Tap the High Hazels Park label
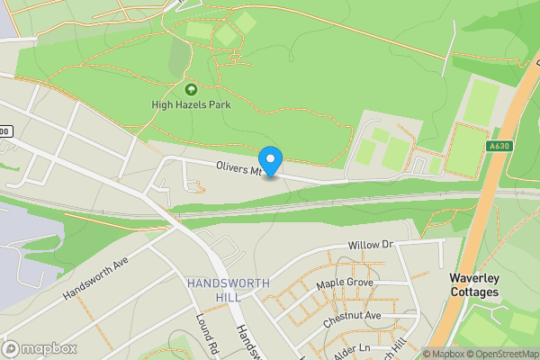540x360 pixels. tap(191, 105)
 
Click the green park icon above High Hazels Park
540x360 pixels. tap(191, 89)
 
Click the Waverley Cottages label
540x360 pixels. tap(474, 285)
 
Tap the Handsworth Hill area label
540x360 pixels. tap(229, 290)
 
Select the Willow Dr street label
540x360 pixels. tap(372, 245)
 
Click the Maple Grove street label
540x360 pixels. tap(344, 283)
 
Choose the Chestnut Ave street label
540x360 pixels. tap(354, 316)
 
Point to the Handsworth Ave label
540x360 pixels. tap(97, 279)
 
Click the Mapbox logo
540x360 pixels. tap(38, 348)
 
